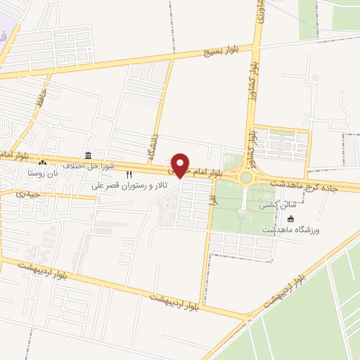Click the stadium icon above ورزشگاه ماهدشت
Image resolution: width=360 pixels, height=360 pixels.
tap(290, 219)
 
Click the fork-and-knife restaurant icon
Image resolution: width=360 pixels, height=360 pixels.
tap(128, 175)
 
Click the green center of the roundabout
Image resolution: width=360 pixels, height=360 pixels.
tap(245, 178)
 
